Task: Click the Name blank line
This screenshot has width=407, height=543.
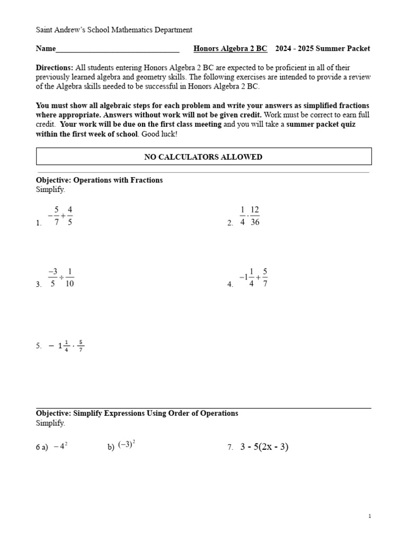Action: (117, 50)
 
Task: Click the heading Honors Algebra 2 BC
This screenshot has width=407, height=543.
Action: (230, 49)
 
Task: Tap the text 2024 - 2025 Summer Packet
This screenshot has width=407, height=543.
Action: (323, 49)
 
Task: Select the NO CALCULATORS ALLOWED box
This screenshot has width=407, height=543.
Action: (203, 157)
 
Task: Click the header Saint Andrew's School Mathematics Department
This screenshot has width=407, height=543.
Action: (114, 30)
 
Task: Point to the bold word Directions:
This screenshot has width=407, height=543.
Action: (55, 68)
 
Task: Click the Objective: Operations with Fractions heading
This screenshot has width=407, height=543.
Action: (99, 180)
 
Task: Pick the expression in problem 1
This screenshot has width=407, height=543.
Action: (60, 216)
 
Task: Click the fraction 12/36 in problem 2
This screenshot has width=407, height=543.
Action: (255, 216)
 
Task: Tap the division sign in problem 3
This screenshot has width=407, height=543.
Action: (61, 278)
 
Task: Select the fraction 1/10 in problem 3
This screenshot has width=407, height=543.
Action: (69, 278)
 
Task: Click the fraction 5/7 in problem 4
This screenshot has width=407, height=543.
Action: (265, 278)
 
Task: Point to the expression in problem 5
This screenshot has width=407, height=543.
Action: (66, 346)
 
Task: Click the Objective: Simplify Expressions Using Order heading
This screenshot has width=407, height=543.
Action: (137, 413)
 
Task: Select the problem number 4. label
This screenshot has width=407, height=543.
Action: (231, 285)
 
